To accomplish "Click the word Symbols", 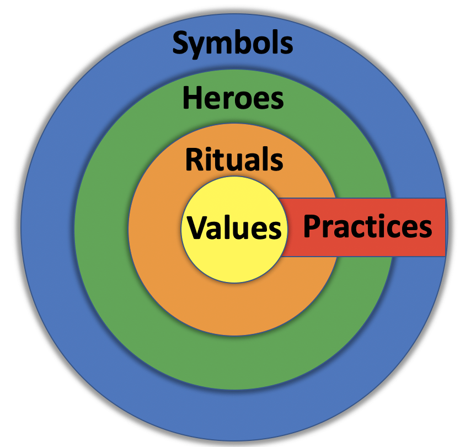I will point(233,42).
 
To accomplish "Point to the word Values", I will point(234,227).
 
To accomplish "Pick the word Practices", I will point(367,226).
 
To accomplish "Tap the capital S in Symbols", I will point(181,42).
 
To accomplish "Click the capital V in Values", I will point(197,227).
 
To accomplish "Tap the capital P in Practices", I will point(312,226).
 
